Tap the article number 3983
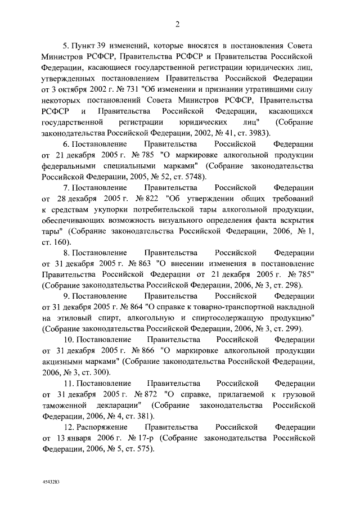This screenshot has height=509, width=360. pos(258,133)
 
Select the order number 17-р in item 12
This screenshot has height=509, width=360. pos(142,438)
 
